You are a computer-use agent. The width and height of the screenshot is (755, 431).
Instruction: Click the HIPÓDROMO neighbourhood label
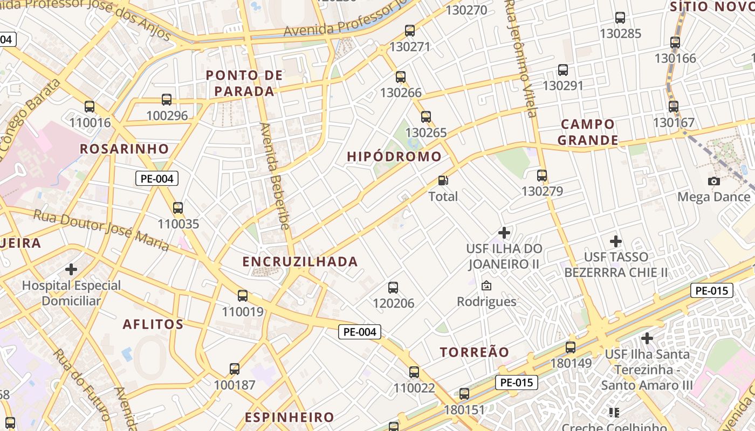(394, 157)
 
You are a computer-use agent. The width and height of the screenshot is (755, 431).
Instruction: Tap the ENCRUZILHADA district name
(300, 262)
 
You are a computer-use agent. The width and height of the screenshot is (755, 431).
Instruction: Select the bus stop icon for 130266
(400, 77)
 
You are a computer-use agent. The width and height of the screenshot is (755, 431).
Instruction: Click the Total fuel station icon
(443, 181)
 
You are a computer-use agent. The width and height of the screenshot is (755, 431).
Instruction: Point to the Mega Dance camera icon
(714, 181)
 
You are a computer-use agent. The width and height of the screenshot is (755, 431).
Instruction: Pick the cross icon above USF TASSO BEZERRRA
(615, 241)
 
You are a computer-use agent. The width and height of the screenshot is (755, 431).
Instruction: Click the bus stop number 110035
(178, 224)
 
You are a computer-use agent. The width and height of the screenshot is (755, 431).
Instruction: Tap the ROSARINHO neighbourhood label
(125, 149)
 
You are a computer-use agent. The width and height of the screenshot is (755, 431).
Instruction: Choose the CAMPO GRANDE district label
(588, 133)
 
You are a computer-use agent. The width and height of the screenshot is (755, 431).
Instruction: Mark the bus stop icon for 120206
(393, 288)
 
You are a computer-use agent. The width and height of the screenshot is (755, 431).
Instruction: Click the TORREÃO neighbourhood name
(475, 352)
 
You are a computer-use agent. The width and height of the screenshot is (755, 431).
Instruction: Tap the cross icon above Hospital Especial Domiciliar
(71, 269)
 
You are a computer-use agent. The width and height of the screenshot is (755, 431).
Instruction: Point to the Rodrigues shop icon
(486, 286)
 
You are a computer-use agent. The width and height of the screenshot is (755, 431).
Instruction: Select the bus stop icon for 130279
(542, 176)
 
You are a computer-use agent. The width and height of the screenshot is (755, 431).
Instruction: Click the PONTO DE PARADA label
(245, 83)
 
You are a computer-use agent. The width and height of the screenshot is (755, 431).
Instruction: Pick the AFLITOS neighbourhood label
(153, 324)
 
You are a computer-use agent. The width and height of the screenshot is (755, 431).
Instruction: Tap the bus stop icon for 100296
(167, 100)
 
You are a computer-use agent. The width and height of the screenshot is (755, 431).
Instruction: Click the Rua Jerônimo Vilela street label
(521, 57)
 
